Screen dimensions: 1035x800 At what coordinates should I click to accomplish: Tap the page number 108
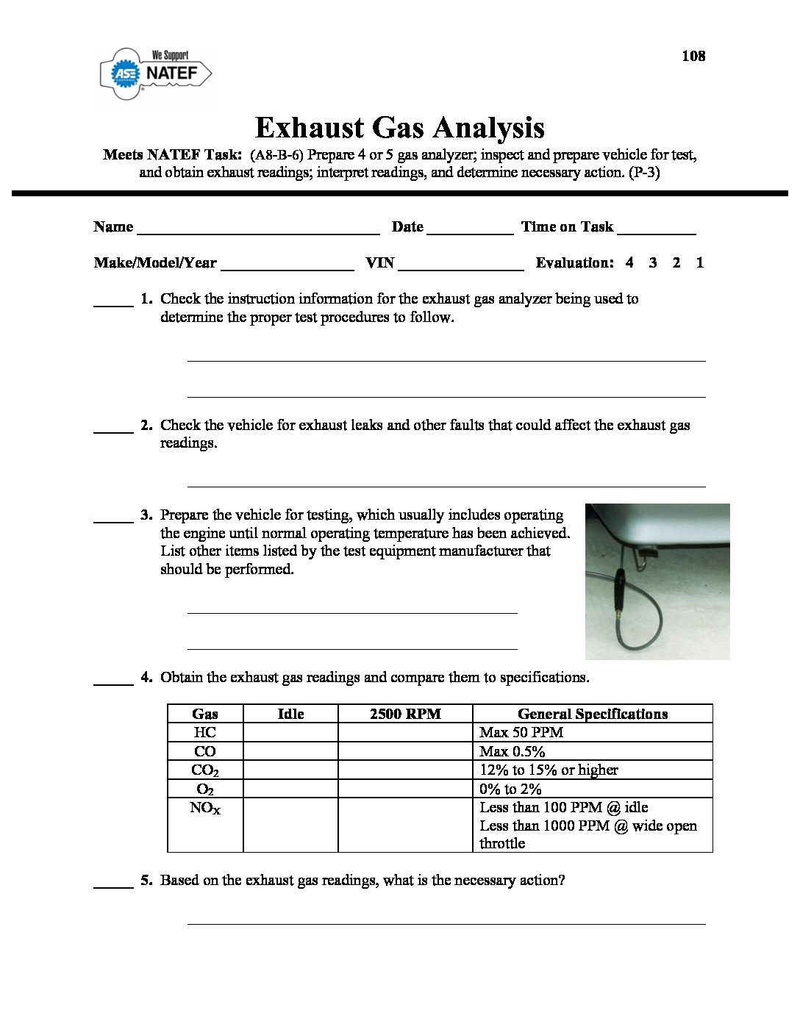tap(693, 56)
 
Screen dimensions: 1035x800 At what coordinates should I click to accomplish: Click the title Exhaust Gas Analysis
tap(399, 127)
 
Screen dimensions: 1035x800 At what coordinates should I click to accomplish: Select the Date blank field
tap(469, 229)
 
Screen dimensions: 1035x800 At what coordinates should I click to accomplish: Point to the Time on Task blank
tap(656, 229)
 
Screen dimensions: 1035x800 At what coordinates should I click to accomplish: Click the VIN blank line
tap(460, 265)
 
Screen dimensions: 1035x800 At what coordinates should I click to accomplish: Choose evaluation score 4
tap(629, 262)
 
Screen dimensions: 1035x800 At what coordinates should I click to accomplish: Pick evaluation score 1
tap(699, 262)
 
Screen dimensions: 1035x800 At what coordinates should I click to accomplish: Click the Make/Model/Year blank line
tap(287, 265)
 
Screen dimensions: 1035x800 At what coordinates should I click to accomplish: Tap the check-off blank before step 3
tap(113, 517)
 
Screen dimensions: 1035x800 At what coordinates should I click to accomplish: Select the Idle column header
tap(290, 714)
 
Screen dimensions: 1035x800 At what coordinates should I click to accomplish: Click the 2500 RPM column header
tap(405, 714)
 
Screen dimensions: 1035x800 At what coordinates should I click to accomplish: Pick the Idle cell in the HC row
tap(290, 732)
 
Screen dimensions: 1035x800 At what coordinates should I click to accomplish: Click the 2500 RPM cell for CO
tap(405, 751)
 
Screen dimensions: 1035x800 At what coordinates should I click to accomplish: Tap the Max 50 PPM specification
tap(521, 732)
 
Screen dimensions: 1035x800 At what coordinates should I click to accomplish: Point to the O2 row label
tap(204, 789)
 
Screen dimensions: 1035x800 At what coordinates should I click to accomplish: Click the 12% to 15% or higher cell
tap(549, 770)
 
